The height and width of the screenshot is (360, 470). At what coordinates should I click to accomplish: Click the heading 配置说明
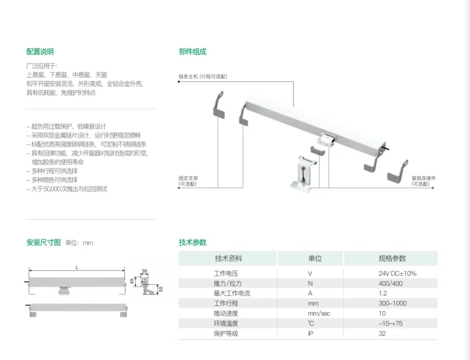pos(39,52)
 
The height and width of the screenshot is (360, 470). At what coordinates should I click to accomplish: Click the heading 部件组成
pos(192,52)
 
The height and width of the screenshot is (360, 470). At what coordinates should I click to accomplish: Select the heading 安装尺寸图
pos(44,242)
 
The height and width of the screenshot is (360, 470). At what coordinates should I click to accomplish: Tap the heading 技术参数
pos(192,242)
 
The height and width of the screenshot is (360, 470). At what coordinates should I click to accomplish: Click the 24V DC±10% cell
pos(397,273)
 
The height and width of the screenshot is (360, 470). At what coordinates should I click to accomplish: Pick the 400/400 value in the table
pos(391,283)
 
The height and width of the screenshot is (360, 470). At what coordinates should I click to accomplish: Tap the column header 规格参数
pos(392,258)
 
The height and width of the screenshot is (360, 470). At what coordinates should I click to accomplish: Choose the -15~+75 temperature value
pos(391,323)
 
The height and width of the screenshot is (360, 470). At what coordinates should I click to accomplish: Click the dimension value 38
pos(144,270)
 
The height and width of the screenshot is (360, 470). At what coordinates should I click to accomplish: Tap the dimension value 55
pos(161,288)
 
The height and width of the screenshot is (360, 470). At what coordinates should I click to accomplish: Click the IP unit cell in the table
pos(311,333)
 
